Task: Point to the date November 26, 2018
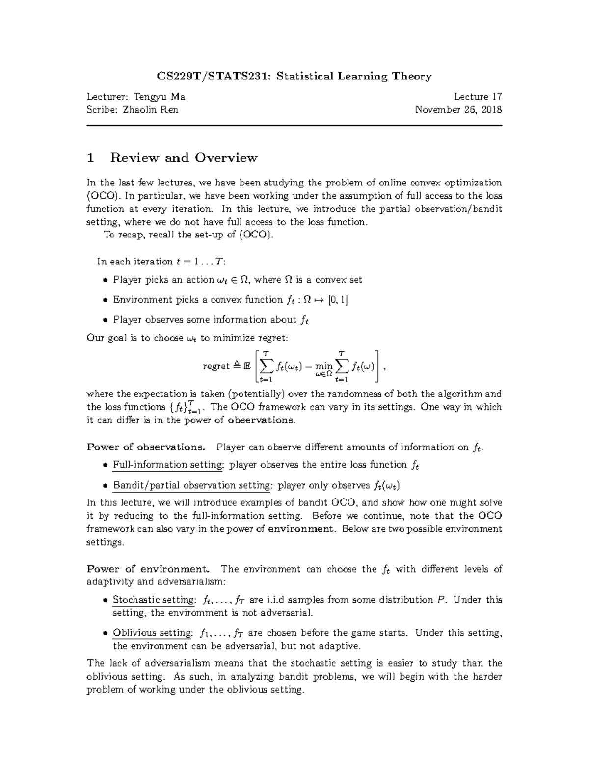458,109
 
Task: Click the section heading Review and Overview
184,158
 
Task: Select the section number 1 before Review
90,158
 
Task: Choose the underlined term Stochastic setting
154,600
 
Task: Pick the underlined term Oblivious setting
152,632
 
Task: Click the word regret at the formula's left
216,366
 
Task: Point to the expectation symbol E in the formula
247,366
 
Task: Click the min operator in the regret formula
324,366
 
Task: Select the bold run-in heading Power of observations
145,447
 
